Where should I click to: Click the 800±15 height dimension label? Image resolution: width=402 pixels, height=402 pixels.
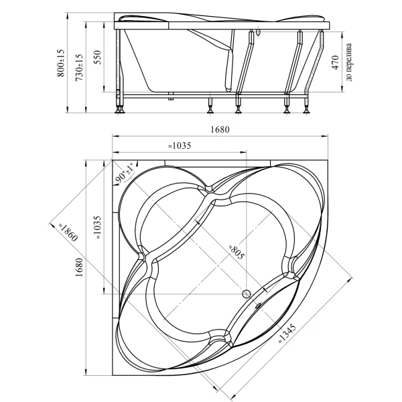(61, 62)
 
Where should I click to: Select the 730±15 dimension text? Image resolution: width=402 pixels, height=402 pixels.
(79, 68)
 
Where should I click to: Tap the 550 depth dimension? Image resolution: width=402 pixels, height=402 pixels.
(98, 58)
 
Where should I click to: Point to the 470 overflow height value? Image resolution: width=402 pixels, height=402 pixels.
(335, 62)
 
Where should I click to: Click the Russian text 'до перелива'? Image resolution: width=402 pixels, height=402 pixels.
(348, 62)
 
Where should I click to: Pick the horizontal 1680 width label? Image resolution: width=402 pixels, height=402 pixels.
(220, 129)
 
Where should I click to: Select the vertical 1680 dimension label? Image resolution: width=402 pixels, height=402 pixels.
(80, 267)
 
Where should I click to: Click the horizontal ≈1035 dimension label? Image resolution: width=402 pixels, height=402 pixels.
(180, 145)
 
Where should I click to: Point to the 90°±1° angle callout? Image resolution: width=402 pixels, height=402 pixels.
(125, 173)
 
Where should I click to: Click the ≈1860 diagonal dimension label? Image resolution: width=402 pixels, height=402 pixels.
(67, 232)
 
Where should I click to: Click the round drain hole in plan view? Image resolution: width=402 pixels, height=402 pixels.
(247, 294)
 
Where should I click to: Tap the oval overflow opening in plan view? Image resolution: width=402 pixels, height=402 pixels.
(258, 305)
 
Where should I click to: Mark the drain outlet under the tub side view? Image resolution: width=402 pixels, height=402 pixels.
(170, 96)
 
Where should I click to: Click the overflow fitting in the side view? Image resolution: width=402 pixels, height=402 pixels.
(258, 32)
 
